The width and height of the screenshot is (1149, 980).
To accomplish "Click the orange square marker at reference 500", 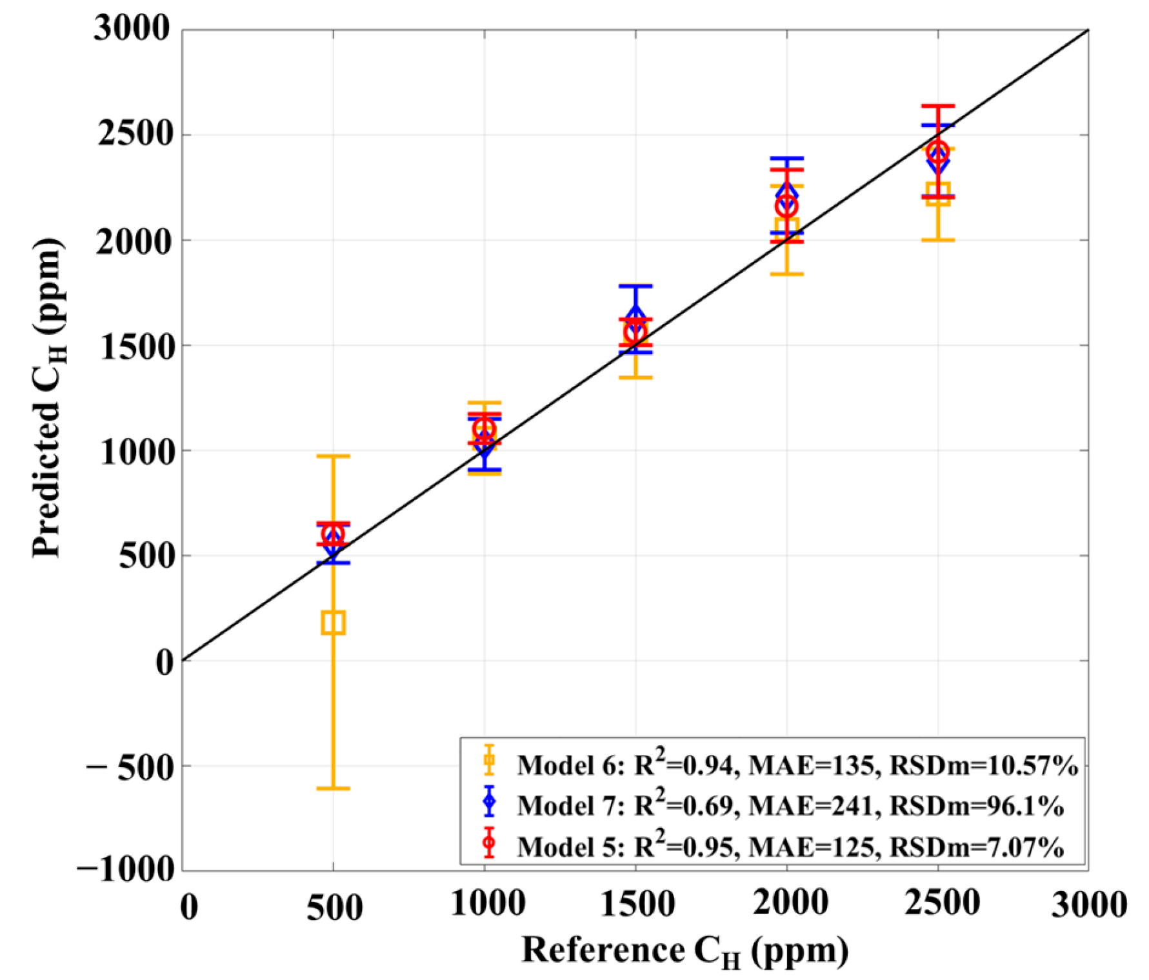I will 333,623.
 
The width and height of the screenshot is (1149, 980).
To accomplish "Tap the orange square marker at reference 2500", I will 937,194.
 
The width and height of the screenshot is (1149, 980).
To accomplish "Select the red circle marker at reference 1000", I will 484,429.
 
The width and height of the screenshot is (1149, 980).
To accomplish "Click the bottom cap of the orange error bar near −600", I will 333,788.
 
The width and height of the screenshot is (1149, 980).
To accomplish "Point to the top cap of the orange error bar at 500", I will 333,456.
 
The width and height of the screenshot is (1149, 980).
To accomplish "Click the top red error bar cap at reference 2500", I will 937,105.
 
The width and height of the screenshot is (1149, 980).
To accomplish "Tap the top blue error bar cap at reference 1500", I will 635,286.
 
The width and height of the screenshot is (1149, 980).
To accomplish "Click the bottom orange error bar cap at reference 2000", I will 786,274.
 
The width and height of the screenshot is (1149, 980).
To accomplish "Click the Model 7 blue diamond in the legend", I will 489,801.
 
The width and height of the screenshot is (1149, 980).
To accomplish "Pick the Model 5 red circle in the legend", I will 489,843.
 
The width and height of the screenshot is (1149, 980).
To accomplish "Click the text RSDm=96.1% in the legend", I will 976,806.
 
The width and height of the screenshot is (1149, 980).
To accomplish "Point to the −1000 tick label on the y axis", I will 126,870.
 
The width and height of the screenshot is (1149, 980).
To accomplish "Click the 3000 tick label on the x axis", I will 1089,905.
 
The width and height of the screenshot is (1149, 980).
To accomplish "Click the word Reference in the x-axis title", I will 603,950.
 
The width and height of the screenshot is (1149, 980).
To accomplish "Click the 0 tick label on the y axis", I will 165,662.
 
